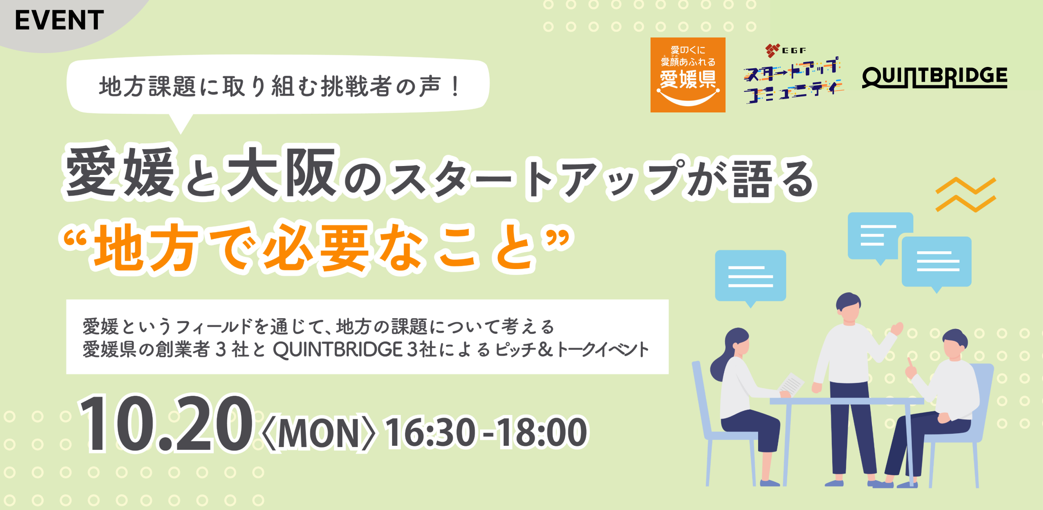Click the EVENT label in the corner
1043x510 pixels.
pos(59,20)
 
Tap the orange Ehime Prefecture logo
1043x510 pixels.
pos(688,75)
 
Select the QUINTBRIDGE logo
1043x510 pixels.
pos(935,77)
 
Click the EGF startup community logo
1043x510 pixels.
pos(793,74)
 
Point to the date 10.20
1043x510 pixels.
pos(166,424)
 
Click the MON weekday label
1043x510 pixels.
pos(318,433)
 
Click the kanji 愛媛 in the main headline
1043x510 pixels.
pos(120,172)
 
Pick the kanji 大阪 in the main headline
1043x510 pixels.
pos(281,172)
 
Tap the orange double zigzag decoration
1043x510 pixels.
pos(966,195)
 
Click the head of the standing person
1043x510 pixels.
pos(848,307)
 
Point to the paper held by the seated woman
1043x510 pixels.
pos(791,384)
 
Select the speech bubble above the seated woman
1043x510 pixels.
pos(751,277)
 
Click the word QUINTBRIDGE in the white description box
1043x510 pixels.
pos(338,349)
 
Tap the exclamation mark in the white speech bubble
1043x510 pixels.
pos(455,86)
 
